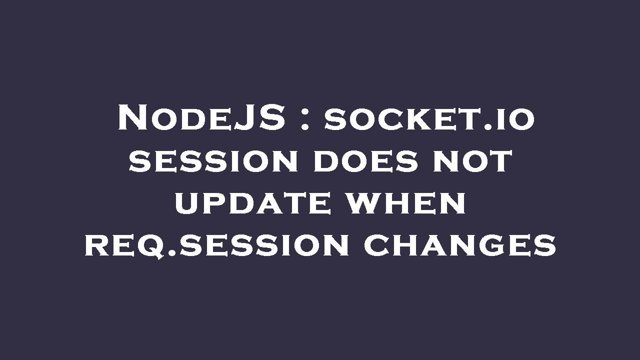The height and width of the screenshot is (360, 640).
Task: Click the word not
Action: tap(478, 161)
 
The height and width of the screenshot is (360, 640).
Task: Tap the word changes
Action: tap(459, 245)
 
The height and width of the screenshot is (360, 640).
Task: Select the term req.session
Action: tap(216, 245)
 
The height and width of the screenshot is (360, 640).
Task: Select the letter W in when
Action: tap(367, 203)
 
